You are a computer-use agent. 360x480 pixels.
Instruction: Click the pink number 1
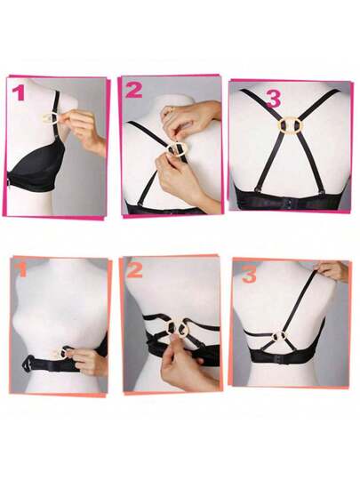[19, 93]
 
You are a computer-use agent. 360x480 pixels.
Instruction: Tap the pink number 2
[134, 90]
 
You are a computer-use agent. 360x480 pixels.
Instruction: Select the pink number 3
[274, 100]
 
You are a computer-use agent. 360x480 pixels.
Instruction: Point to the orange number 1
[22, 270]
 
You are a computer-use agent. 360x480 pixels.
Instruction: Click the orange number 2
[135, 270]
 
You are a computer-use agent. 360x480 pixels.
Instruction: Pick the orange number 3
[250, 275]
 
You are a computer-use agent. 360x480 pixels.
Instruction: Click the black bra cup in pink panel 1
[36, 167]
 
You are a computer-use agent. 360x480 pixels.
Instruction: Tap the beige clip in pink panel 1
[49, 118]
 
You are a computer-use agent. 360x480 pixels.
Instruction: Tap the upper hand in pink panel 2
[190, 119]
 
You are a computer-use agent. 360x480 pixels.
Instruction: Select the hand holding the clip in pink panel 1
[83, 130]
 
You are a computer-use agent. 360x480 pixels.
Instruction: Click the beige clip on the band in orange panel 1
[60, 354]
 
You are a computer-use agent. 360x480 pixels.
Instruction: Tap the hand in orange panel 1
[88, 362]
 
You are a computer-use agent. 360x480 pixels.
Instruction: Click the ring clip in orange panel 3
[280, 336]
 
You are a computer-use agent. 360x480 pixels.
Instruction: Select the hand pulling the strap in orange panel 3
[333, 270]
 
